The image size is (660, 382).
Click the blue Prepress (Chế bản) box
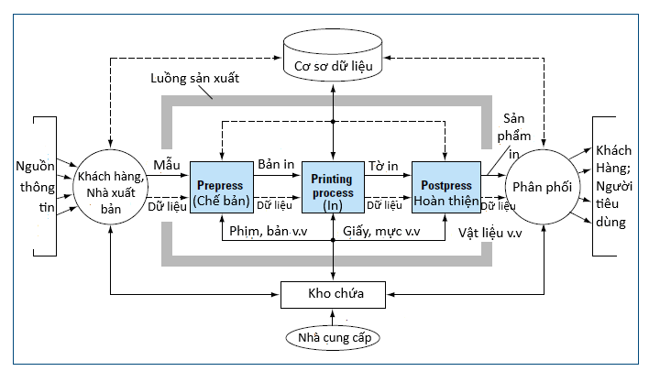pyautogui.click(x=222, y=192)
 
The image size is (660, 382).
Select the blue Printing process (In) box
pyautogui.click(x=333, y=192)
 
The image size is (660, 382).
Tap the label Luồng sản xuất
pyautogui.click(x=194, y=78)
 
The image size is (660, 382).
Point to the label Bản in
pyautogui.click(x=276, y=164)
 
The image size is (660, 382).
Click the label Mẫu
pyautogui.click(x=167, y=164)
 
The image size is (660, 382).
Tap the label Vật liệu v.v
pyautogui.click(x=490, y=232)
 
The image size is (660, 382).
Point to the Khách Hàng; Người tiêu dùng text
pyautogui.click(x=621, y=185)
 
